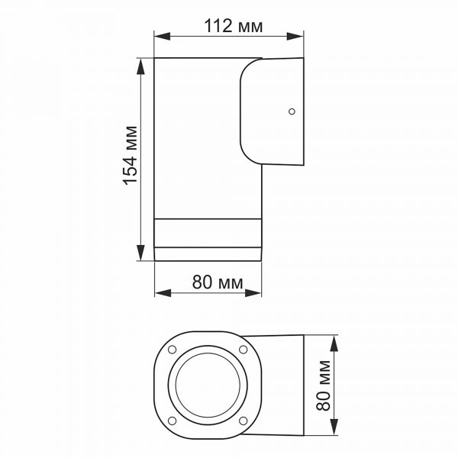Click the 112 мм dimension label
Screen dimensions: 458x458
click(234, 27)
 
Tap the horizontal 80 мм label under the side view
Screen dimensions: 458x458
click(217, 282)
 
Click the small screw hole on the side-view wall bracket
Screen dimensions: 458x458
click(291, 111)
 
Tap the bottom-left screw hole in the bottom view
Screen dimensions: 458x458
click(172, 420)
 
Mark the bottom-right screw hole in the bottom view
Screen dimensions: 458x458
click(243, 420)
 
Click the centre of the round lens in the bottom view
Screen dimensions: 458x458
click(207, 385)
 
